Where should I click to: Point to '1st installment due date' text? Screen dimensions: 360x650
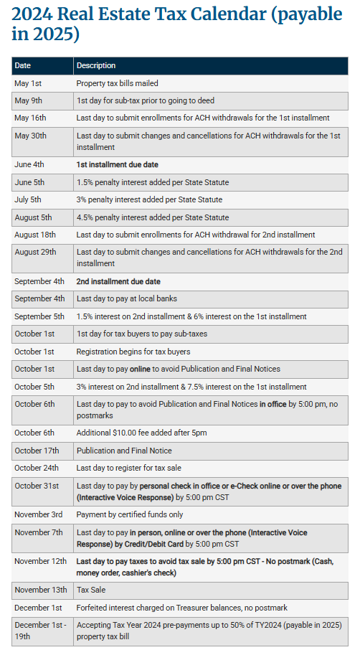click(118, 164)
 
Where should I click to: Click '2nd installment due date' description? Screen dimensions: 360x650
click(118, 281)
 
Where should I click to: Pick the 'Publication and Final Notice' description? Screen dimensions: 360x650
click(124, 451)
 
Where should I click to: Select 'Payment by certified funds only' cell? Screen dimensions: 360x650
click(130, 514)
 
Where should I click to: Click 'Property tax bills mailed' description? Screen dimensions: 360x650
click(118, 83)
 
